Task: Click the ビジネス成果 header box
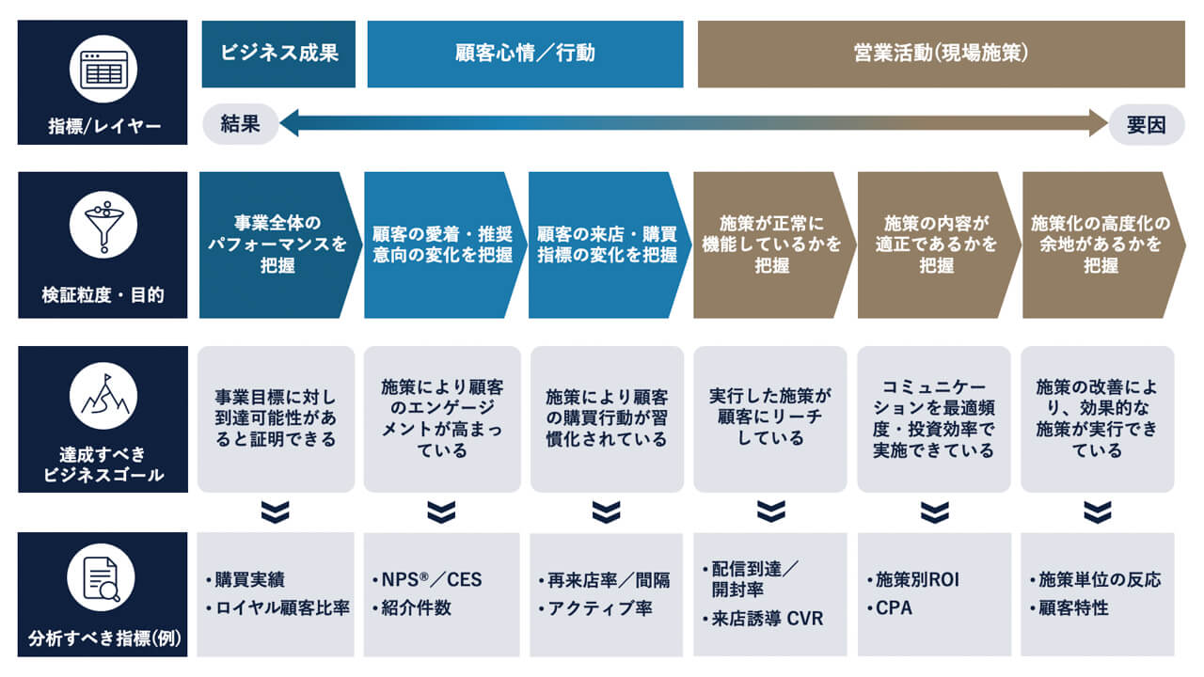(x=278, y=54)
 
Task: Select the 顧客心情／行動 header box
(x=525, y=54)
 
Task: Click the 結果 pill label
(x=241, y=123)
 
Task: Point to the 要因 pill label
(x=1146, y=124)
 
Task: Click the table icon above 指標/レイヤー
(x=103, y=69)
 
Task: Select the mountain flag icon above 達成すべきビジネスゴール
(x=103, y=396)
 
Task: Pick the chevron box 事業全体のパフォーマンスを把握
(x=277, y=244)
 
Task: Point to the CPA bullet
(x=893, y=608)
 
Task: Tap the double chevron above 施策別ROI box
(x=934, y=512)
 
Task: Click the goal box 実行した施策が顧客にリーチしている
(x=770, y=418)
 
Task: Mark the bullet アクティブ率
(x=599, y=608)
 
